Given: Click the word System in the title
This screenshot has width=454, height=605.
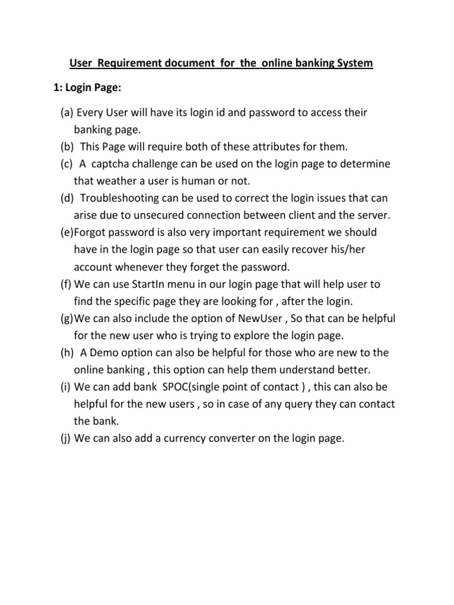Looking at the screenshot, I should pos(354,63).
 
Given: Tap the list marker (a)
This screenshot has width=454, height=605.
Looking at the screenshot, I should pos(67,112).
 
